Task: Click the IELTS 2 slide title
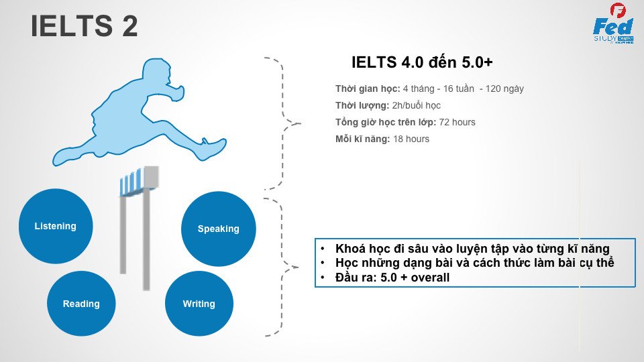coord(85,26)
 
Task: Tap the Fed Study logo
coord(613,23)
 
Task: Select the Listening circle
coord(56,226)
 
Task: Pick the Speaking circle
coord(219,229)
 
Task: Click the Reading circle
coord(81,304)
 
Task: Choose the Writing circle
coord(199,304)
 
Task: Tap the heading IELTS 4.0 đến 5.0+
coord(422,62)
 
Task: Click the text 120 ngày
coord(504,88)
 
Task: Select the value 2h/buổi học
coord(416,105)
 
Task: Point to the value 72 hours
coord(457,122)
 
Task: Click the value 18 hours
coord(411,139)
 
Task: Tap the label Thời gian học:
coord(368,88)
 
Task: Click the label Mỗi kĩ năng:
coord(363,139)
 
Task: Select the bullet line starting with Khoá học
coord(472,249)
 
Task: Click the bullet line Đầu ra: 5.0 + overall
coord(392,278)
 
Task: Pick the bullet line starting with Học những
coord(474,263)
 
